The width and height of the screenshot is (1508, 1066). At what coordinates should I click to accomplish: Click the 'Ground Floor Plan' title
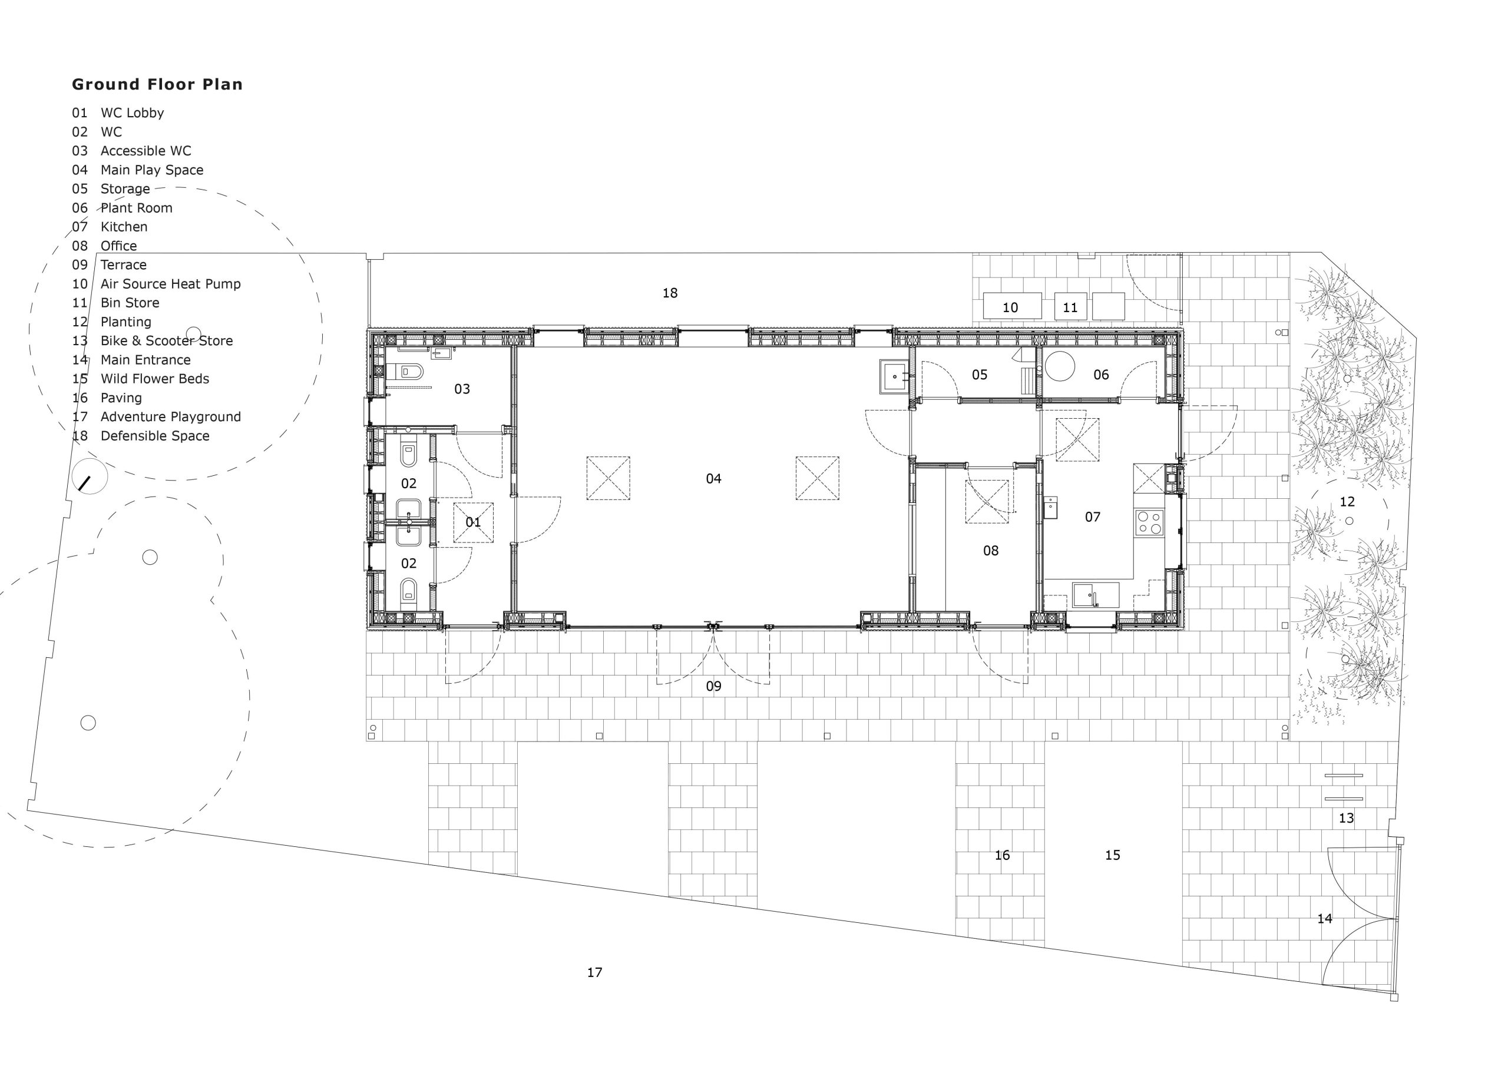point(157,84)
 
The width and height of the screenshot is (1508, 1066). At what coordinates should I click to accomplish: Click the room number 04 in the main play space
point(713,479)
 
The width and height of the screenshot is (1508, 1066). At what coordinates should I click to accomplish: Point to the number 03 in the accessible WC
point(462,389)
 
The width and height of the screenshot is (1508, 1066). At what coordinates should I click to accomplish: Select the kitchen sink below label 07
point(1096,595)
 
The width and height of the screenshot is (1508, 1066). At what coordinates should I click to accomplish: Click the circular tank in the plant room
point(1060,366)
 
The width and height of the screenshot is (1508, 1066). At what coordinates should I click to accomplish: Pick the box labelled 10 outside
point(1011,307)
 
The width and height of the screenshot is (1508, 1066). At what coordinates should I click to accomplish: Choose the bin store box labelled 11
point(1070,307)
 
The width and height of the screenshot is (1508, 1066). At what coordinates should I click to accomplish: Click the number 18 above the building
point(669,293)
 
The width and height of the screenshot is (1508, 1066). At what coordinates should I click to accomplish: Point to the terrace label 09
point(713,686)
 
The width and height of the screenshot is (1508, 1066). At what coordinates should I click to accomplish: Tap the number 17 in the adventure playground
point(594,972)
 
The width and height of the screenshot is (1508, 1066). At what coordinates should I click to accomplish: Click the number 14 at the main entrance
point(1325,919)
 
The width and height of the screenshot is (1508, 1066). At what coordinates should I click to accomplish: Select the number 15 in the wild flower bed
point(1113,855)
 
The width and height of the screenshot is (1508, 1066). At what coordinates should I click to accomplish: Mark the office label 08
point(990,551)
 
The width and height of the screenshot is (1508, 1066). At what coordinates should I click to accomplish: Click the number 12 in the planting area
point(1347,502)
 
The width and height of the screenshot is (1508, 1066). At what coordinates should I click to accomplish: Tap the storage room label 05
point(979,375)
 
